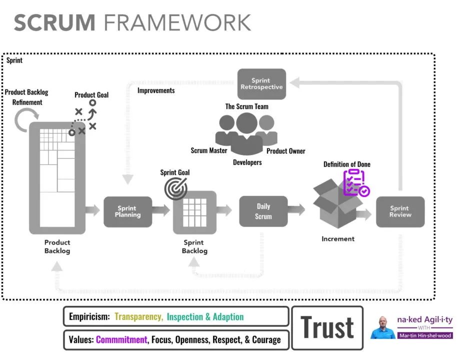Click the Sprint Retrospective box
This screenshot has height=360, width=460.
click(x=261, y=83)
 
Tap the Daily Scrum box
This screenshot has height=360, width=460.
click(x=263, y=211)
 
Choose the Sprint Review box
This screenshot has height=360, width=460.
click(x=400, y=211)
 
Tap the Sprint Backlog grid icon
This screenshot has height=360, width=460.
click(x=194, y=212)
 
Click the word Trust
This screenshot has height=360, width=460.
click(x=327, y=328)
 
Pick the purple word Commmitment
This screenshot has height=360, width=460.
click(x=121, y=340)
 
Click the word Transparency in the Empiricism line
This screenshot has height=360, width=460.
click(x=138, y=316)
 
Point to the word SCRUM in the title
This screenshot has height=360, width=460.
click(x=54, y=23)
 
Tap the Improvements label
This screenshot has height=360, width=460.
click(x=156, y=90)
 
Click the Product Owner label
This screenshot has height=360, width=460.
click(x=285, y=151)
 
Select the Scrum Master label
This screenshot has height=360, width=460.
click(x=209, y=150)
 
